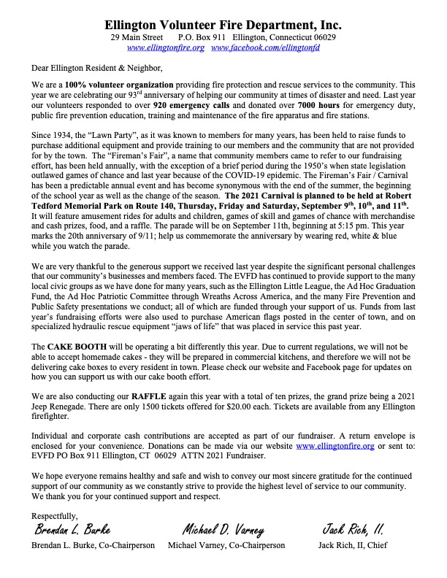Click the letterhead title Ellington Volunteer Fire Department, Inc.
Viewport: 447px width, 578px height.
[x=223, y=24]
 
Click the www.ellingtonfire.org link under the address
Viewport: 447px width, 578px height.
[x=164, y=47]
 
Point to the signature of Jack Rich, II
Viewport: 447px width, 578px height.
[x=354, y=530]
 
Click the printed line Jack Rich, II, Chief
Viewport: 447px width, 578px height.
[x=353, y=544]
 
